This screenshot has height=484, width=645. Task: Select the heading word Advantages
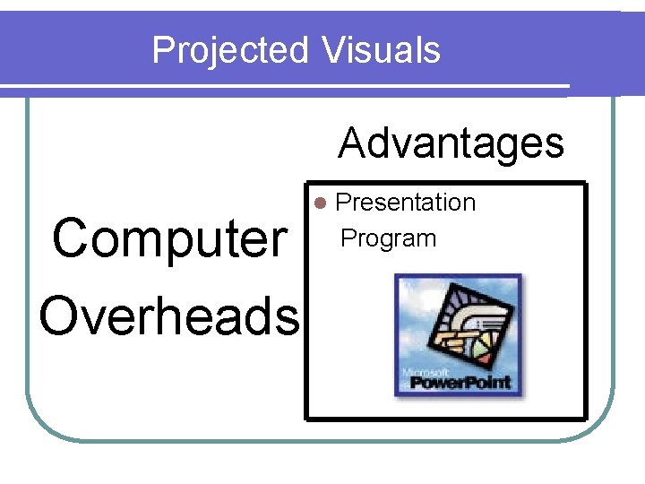tap(451, 143)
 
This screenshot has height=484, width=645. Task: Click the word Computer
tap(168, 239)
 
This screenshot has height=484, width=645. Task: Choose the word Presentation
tap(405, 203)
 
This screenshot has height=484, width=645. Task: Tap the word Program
tap(389, 238)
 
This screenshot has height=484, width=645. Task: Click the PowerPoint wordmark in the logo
tap(460, 382)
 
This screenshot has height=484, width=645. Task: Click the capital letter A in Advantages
tap(355, 143)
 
